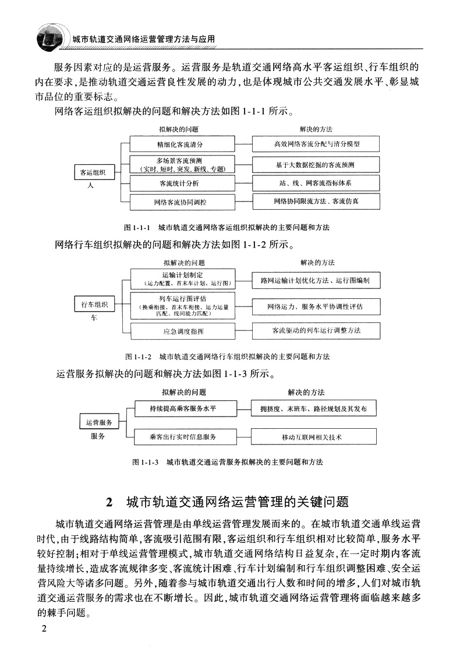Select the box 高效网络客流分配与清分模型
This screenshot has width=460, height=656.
[x=316, y=143]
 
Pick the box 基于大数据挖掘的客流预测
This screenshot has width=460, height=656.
[x=316, y=164]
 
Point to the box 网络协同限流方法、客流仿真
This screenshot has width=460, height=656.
[x=316, y=201]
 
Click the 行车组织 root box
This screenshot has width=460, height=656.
[x=94, y=305]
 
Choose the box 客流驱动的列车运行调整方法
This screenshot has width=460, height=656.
[x=316, y=330]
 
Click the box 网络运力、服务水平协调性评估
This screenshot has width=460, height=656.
[x=316, y=305]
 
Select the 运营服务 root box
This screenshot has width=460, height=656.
[x=99, y=422]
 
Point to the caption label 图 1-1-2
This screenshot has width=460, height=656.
[x=139, y=356]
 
